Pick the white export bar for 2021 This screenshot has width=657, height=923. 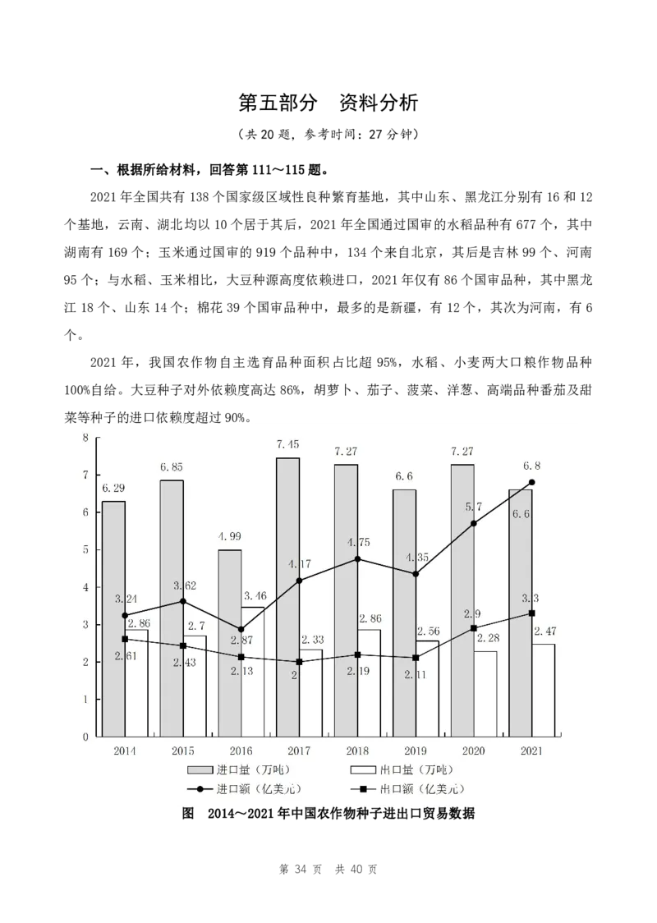[543, 690]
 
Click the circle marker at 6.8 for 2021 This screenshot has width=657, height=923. [532, 482]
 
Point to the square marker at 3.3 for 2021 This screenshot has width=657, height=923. [532, 613]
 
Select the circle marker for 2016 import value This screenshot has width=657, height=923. [241, 629]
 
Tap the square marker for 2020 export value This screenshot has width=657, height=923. [474, 628]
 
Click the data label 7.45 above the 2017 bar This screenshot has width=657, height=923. [287, 444]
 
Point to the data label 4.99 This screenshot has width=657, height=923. [229, 536]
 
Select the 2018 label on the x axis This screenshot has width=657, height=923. [357, 751]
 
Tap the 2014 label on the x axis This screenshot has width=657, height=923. [125, 751]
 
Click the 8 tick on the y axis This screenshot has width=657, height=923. [85, 438]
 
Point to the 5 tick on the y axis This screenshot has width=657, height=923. [85, 550]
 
